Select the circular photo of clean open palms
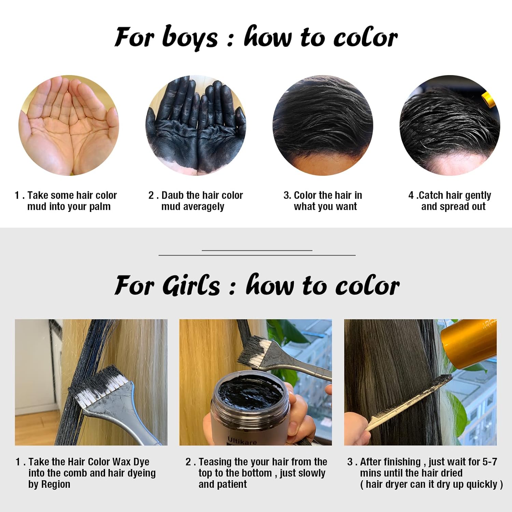[x=69, y=125]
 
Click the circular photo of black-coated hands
[x=196, y=125]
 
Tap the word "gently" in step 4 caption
[x=478, y=196]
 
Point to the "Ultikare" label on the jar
[x=242, y=441]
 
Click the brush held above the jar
[x=283, y=358]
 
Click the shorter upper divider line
[x=257, y=250]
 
